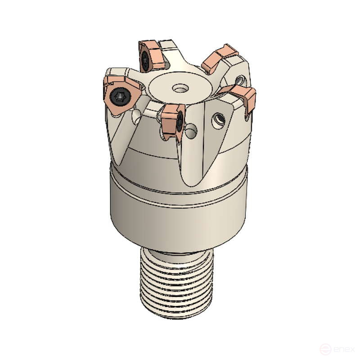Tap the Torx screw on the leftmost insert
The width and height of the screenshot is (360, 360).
click(119, 95)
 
